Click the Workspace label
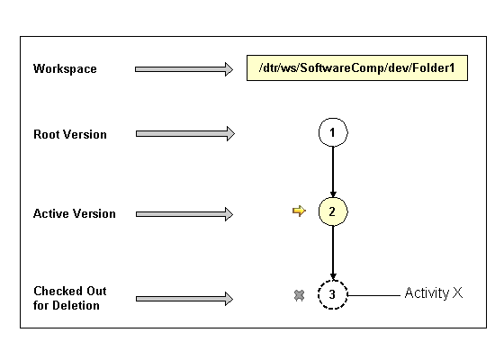click(65, 68)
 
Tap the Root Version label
click(70, 134)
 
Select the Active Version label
click(75, 213)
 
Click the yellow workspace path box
click(357, 69)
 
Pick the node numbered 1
click(333, 133)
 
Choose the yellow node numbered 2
click(333, 212)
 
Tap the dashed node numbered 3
click(333, 294)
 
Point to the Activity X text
click(433, 293)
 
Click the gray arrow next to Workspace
click(184, 69)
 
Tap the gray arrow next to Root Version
click(184, 134)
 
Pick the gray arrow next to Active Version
click(184, 213)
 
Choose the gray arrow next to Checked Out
click(184, 298)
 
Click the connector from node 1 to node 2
click(333, 172)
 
